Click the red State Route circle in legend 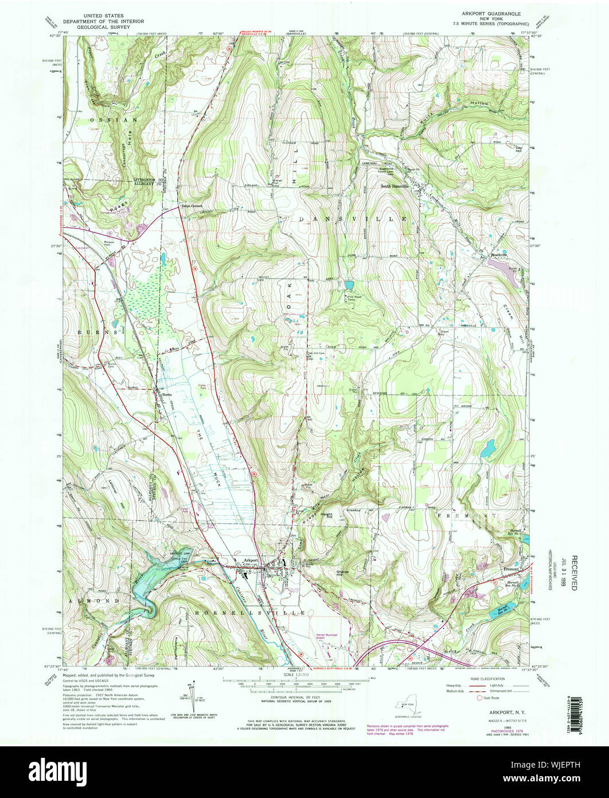coord(479,698)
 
